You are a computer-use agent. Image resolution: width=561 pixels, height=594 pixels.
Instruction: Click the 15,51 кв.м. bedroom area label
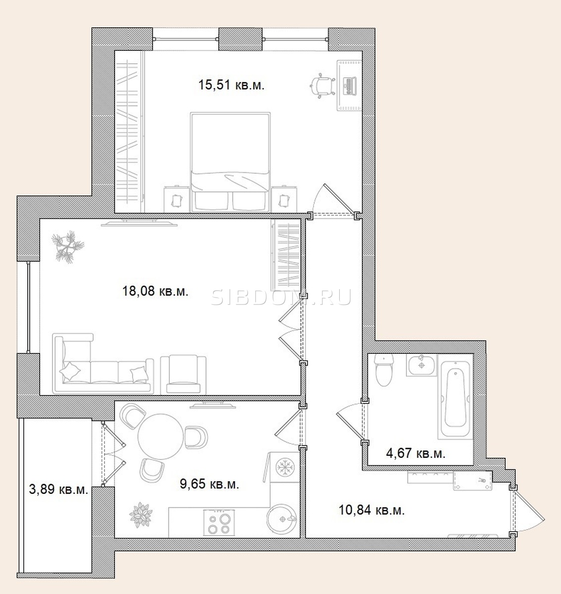click(x=232, y=85)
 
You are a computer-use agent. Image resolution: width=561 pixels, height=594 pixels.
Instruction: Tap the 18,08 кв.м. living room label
click(x=155, y=291)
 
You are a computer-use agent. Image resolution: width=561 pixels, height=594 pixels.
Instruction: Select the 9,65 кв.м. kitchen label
click(x=209, y=484)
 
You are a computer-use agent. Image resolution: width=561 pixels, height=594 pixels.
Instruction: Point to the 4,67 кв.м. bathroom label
click(x=416, y=453)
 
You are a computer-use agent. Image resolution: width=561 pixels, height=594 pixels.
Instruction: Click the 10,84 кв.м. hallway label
click(x=371, y=509)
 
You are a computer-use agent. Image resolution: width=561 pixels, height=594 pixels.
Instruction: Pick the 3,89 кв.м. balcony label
click(x=58, y=490)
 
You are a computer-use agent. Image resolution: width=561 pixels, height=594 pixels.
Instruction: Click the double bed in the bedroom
click(x=230, y=162)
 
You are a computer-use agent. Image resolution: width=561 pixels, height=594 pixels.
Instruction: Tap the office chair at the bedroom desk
click(x=322, y=86)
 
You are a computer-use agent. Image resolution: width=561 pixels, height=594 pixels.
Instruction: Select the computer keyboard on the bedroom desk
click(x=350, y=86)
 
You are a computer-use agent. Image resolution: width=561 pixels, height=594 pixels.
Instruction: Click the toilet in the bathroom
click(x=384, y=370)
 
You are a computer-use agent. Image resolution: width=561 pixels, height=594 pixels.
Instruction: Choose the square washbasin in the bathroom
click(x=421, y=365)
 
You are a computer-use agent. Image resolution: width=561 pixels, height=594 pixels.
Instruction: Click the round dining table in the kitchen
click(x=161, y=437)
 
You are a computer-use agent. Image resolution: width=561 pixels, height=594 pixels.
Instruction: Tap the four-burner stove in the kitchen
click(x=219, y=523)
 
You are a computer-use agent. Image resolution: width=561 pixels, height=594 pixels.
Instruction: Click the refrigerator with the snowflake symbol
click(x=285, y=467)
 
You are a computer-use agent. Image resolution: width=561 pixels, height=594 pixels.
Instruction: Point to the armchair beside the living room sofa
click(x=183, y=374)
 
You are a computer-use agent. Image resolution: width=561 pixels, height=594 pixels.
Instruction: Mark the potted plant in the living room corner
click(x=68, y=247)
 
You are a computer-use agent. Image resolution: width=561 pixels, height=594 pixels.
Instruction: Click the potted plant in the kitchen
click(x=141, y=515)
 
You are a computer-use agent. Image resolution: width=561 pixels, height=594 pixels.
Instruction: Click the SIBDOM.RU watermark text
click(x=280, y=297)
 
